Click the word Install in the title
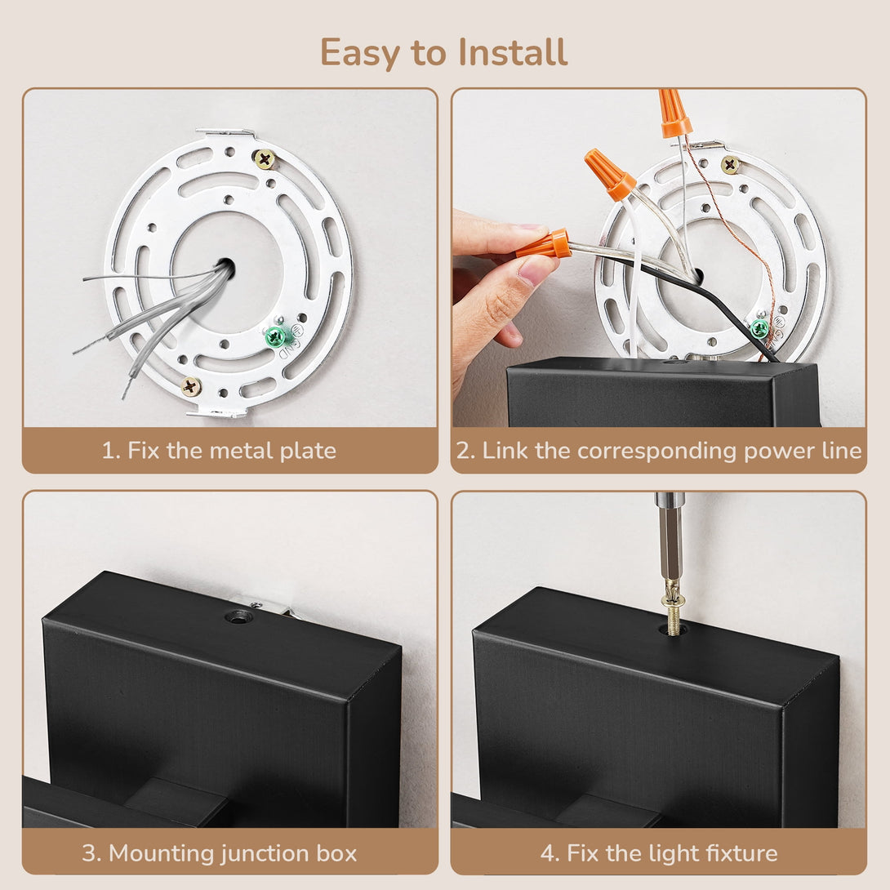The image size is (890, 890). click(x=513, y=52)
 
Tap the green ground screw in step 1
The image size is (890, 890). click(x=275, y=336)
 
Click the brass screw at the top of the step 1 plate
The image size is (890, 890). click(x=264, y=158)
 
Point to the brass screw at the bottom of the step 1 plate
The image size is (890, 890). click(x=191, y=387)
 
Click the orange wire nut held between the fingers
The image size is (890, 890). click(x=544, y=246)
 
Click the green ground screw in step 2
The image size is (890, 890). click(x=759, y=328)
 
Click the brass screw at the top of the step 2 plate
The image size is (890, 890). click(x=730, y=165)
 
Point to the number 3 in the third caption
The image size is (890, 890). click(x=88, y=854)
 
